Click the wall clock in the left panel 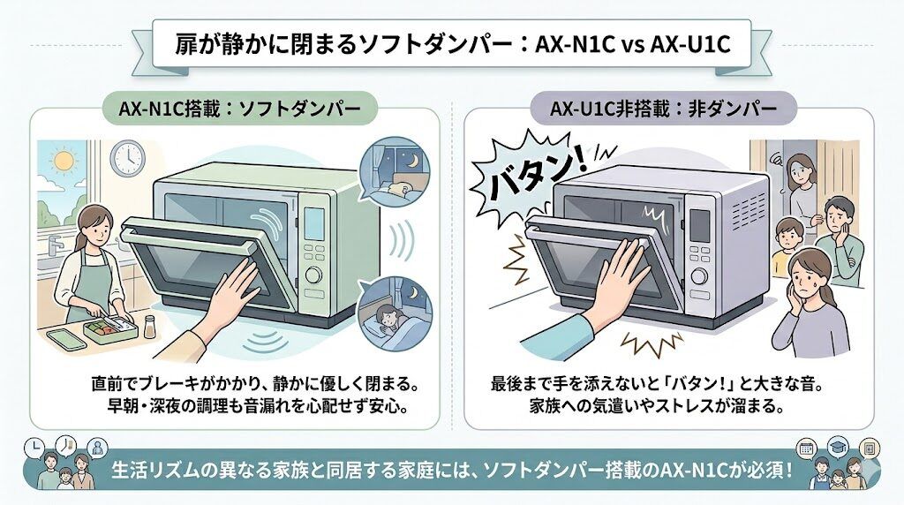(129, 157)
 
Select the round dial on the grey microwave (700, 275)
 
